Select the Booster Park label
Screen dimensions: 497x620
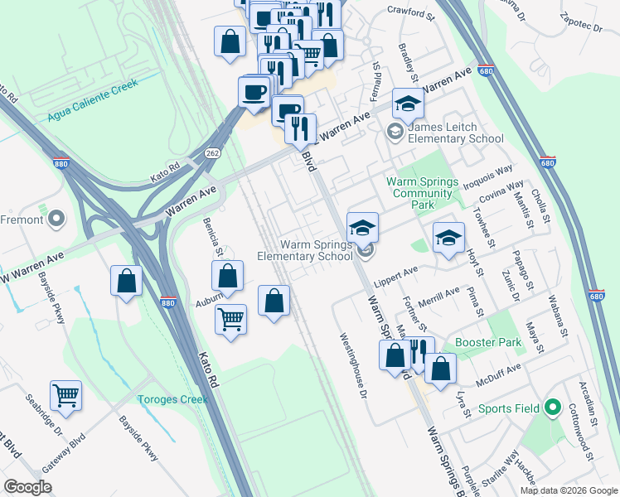pos(488,341)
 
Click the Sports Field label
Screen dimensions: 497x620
pos(508,408)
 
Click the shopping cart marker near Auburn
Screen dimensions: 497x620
pos(230,317)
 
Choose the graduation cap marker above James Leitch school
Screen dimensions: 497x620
pos(408,104)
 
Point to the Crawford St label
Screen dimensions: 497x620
pos(411,14)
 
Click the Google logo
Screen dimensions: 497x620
pos(27,487)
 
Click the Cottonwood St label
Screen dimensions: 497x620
pos(580,432)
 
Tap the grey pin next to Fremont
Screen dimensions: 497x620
pos(56,219)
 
